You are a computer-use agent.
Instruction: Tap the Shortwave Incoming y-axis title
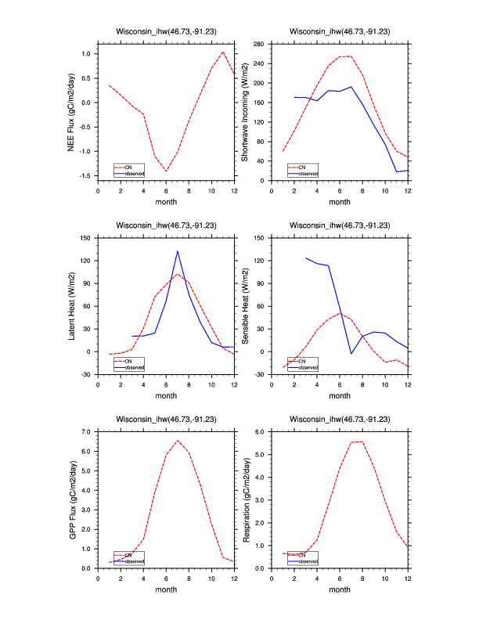(x=245, y=112)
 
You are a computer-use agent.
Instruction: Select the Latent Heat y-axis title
(x=71, y=305)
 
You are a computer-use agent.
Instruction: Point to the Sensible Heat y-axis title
(x=245, y=305)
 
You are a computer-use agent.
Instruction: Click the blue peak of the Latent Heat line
(x=178, y=251)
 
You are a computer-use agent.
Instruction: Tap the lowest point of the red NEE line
(x=166, y=171)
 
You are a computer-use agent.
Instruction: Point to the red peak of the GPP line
(x=178, y=440)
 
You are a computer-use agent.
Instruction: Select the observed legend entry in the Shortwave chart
(x=308, y=173)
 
